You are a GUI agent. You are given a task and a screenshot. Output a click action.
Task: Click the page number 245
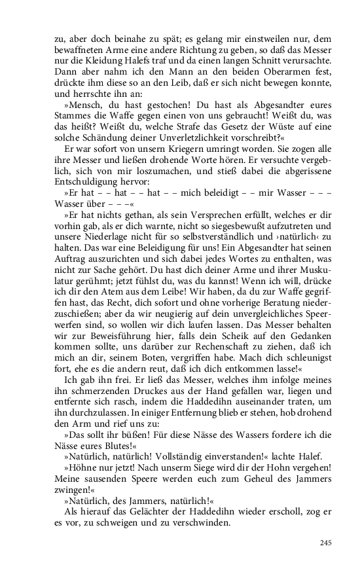pos(327,543)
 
